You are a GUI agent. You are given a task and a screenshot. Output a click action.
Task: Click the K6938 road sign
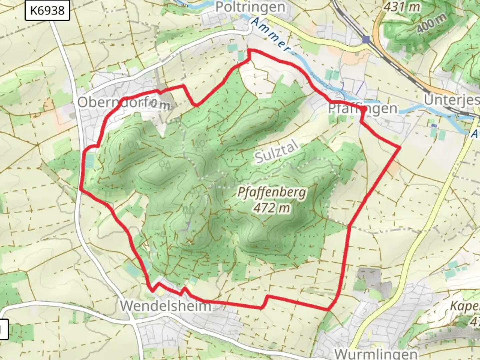pos(47,11)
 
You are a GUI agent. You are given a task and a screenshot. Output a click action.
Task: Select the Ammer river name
pos(270,35)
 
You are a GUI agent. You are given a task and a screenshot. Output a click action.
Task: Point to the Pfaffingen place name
pos(363,108)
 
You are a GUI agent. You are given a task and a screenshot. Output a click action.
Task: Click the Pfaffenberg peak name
pos(271,192)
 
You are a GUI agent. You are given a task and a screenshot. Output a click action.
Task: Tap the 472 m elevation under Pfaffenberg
pos(271,208)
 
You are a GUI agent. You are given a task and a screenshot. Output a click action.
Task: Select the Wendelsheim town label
pos(166,305)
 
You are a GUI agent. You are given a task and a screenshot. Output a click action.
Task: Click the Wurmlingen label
pos(375,353)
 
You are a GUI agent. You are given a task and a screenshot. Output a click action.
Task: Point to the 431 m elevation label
pos(402,7)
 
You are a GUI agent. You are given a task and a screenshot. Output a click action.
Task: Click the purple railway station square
pos(366,40)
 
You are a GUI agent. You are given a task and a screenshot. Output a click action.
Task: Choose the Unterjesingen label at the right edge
pos(452,99)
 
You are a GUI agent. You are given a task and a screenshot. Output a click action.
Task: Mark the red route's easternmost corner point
pos(399,147)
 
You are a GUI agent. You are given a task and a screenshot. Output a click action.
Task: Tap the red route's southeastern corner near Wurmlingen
pos(328,310)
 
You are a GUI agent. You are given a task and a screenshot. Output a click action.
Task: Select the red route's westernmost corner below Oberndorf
pos(80,189)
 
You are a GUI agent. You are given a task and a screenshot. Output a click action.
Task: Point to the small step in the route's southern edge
pos(266,301)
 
